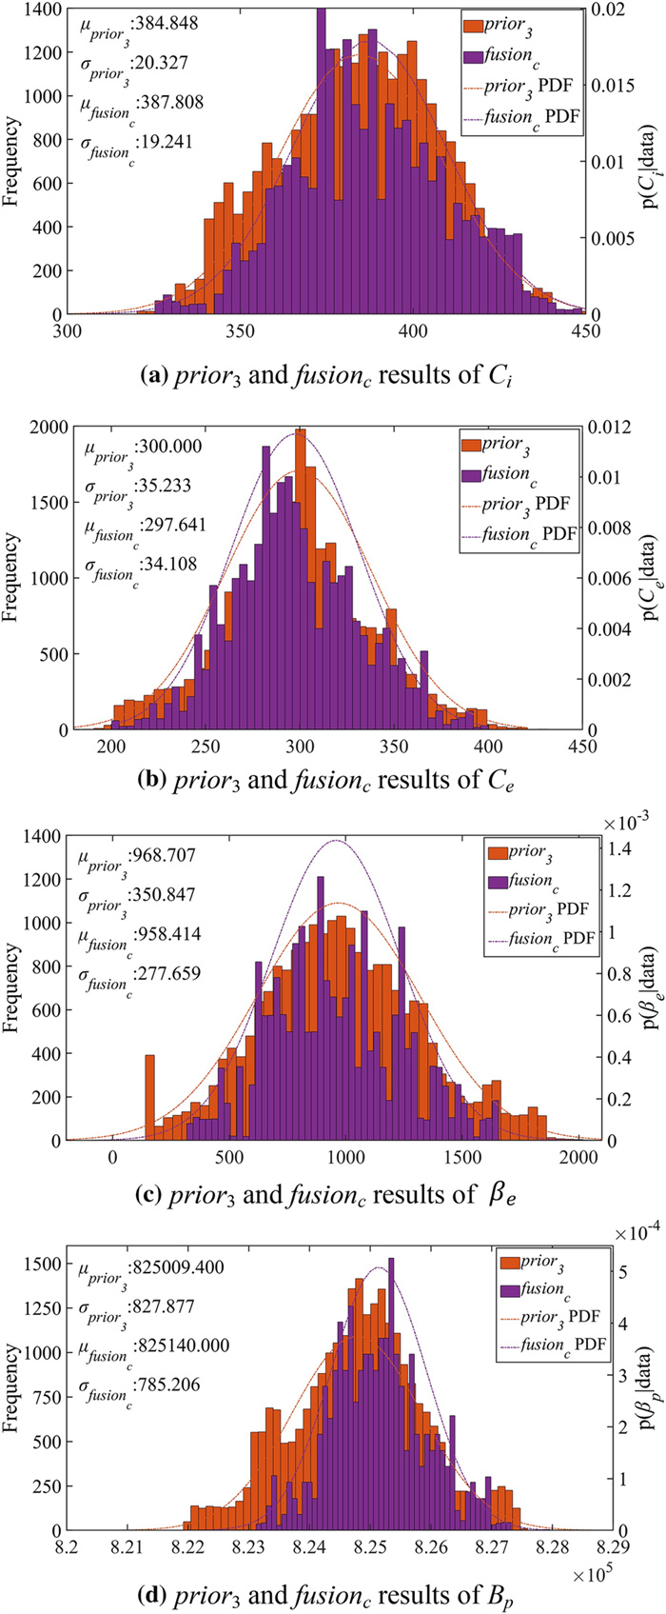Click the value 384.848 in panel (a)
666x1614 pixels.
[166, 25]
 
